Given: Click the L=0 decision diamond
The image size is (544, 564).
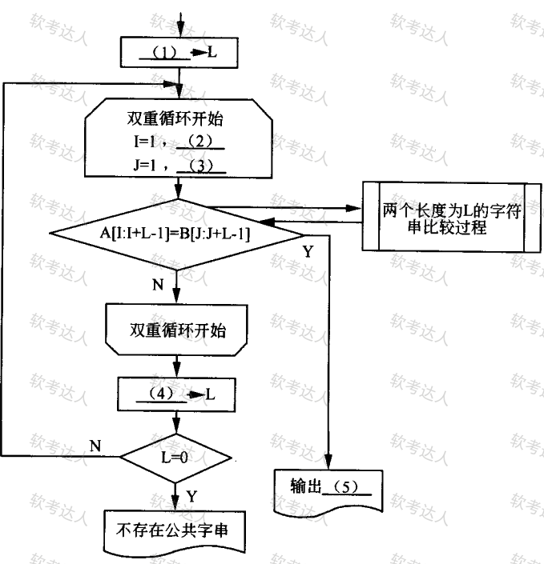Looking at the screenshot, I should point(176,458).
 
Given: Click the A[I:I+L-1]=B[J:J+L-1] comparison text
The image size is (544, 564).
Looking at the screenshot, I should point(175,234).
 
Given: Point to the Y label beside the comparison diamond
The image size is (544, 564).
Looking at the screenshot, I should point(308,251).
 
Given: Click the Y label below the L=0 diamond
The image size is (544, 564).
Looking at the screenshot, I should point(191,496).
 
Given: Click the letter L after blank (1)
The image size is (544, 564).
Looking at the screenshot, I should point(212,53).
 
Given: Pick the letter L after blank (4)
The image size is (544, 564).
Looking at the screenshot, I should point(211,394).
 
